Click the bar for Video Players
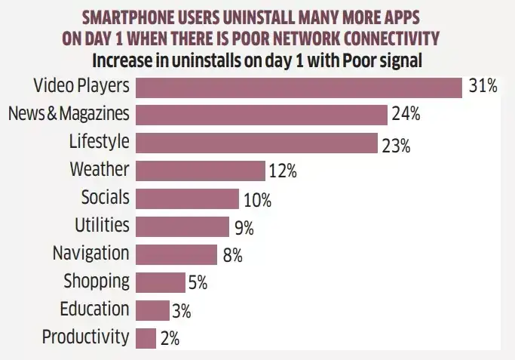pyautogui.click(x=299, y=87)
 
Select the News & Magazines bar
pyautogui.click(x=262, y=115)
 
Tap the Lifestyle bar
pyautogui.click(x=257, y=143)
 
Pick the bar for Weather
pyautogui.click(x=201, y=171)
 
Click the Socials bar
pyautogui.click(x=188, y=198)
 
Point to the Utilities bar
pyautogui.click(x=182, y=226)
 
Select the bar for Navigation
pyautogui.click(x=176, y=254)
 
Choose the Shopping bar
pyautogui.click(x=161, y=282)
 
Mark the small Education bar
pyautogui.click(x=153, y=310)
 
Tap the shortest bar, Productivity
pyautogui.click(x=146, y=337)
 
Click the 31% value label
pyautogui.click(x=483, y=87)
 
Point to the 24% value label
pyautogui.click(x=405, y=115)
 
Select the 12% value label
pyautogui.click(x=282, y=172)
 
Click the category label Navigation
pyautogui.click(x=90, y=254)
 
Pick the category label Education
pyautogui.click(x=95, y=309)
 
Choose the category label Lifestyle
pyautogui.click(x=99, y=142)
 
